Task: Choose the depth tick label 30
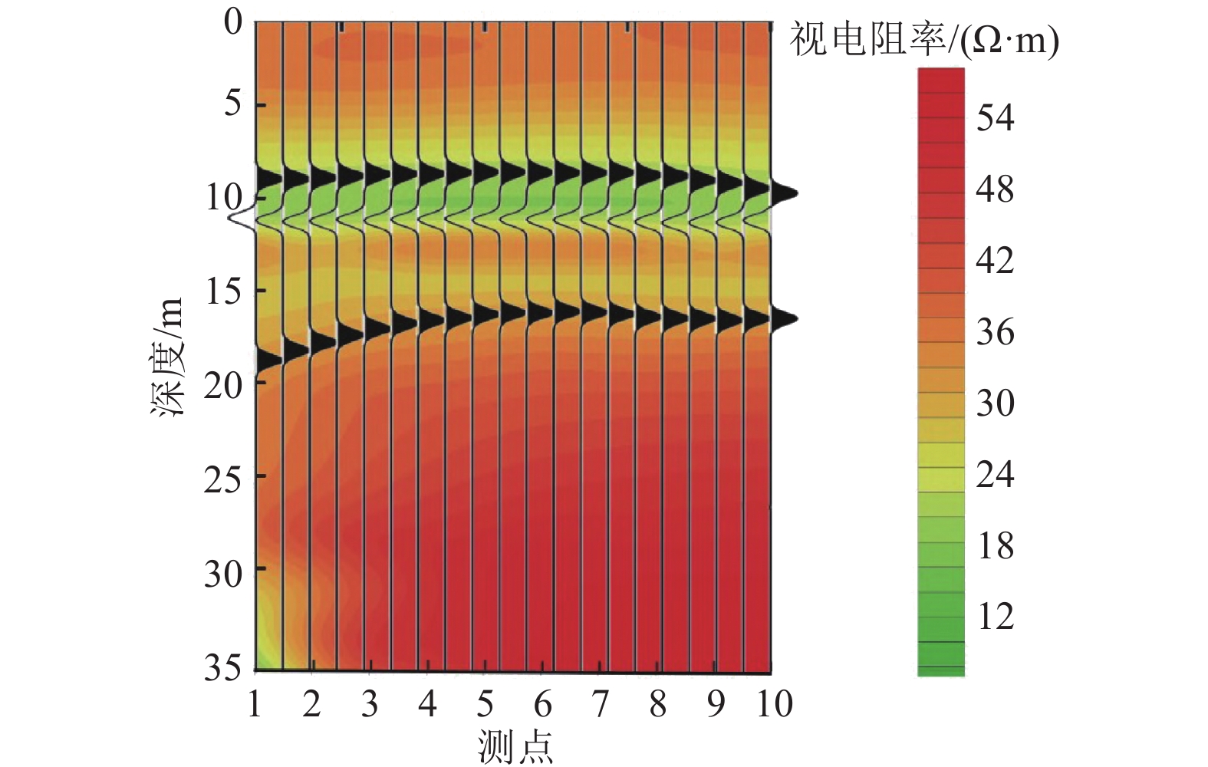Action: click(x=223, y=572)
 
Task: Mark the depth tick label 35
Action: click(x=223, y=667)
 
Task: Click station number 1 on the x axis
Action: click(x=255, y=703)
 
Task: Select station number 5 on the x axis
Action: click(x=485, y=703)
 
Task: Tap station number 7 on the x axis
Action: click(x=600, y=703)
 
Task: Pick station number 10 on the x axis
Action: click(x=773, y=703)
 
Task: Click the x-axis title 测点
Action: click(x=515, y=746)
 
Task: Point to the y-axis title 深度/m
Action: click(x=167, y=357)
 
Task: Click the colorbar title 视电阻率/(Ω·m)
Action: click(x=923, y=39)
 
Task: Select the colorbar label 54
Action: click(x=995, y=118)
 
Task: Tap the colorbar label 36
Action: click(x=995, y=332)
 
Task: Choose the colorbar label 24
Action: click(x=995, y=475)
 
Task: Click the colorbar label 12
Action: click(x=995, y=616)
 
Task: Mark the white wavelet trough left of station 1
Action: click(x=238, y=218)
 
